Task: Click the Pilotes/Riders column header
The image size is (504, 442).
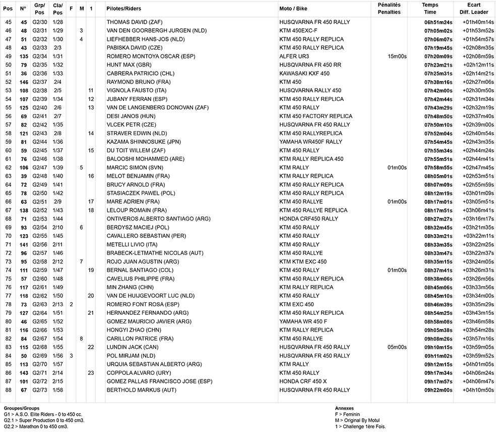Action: (124, 9)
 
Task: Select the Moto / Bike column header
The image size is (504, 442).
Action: (294, 9)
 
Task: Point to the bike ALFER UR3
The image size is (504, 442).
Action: (294, 56)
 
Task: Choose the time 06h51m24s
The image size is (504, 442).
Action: (438, 22)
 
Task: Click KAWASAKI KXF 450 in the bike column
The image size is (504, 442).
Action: (304, 73)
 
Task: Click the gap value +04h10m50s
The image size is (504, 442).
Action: (478, 390)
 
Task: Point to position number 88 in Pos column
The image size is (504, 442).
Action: (8, 390)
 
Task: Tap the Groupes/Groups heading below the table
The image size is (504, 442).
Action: (22, 408)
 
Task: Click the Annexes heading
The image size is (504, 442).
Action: (345, 408)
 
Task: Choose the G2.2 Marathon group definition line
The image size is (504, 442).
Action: (36, 426)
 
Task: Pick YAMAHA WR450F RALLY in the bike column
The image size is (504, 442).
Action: (310, 142)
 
